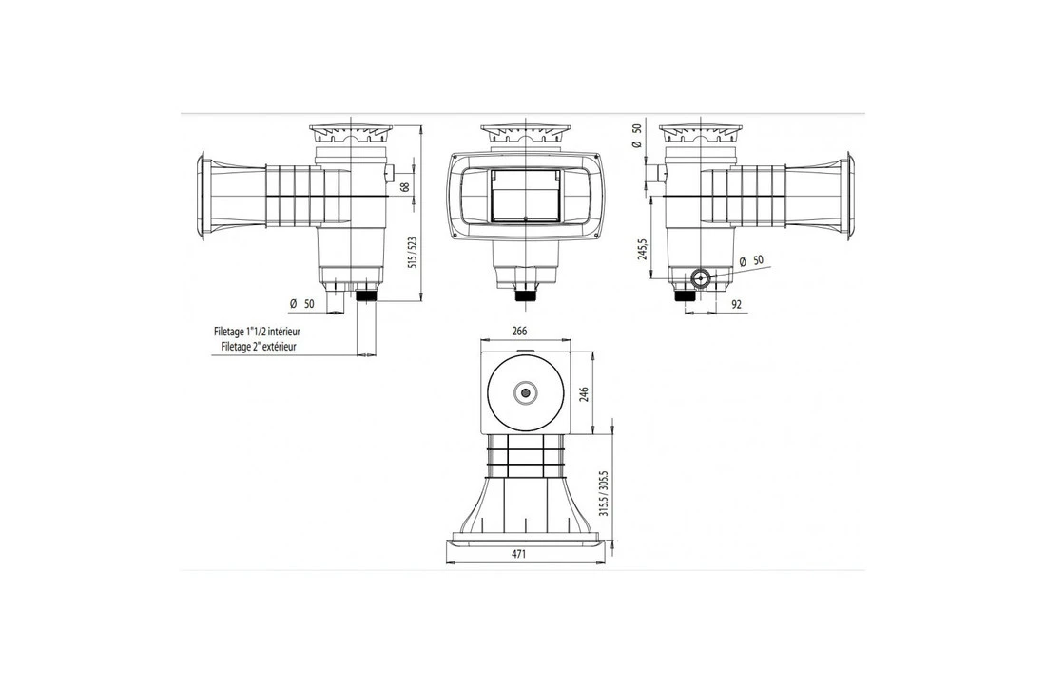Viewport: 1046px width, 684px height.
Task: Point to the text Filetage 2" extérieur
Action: point(254,348)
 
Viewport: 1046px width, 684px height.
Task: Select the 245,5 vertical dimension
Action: point(644,249)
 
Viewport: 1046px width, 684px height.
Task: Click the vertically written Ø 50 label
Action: point(638,137)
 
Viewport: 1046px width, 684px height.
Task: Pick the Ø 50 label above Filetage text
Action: point(301,305)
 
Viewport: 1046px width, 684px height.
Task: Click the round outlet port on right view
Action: point(701,278)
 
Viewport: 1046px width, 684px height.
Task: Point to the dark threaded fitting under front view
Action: point(523,294)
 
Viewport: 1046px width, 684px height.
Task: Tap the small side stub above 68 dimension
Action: point(392,173)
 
